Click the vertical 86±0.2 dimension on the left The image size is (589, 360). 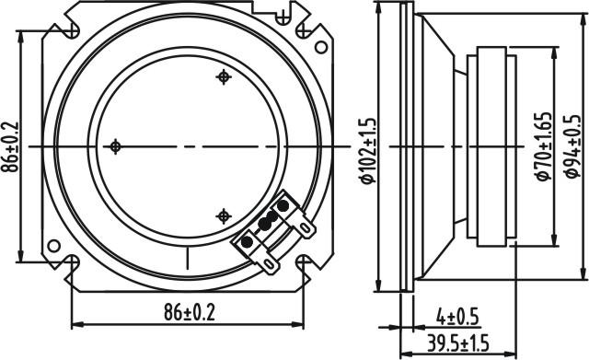[9, 146]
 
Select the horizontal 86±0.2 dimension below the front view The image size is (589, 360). [190, 312]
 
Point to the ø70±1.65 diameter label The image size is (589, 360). [544, 146]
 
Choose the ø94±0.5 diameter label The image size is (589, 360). [572, 146]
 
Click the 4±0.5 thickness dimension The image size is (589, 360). [458, 318]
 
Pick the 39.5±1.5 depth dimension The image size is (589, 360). [458, 343]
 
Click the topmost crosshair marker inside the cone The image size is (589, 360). [224, 77]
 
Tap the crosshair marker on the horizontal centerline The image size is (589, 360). [115, 146]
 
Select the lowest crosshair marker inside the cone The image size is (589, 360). [224, 216]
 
